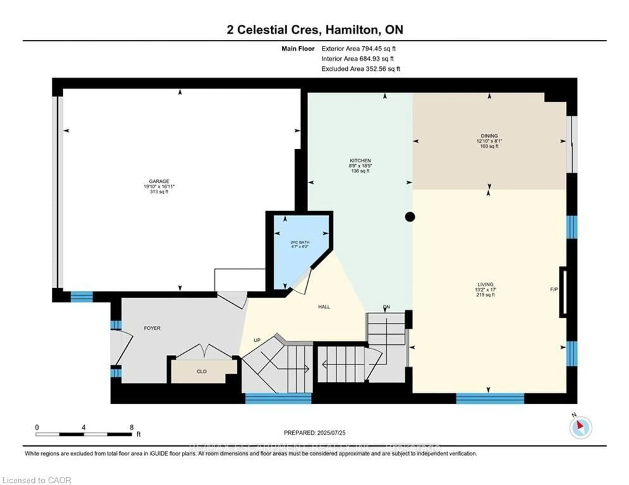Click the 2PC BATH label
(x=300, y=242)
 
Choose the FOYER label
(x=152, y=328)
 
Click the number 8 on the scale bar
(x=132, y=427)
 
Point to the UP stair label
(x=257, y=340)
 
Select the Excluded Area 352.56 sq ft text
(x=361, y=69)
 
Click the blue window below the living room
(x=490, y=398)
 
